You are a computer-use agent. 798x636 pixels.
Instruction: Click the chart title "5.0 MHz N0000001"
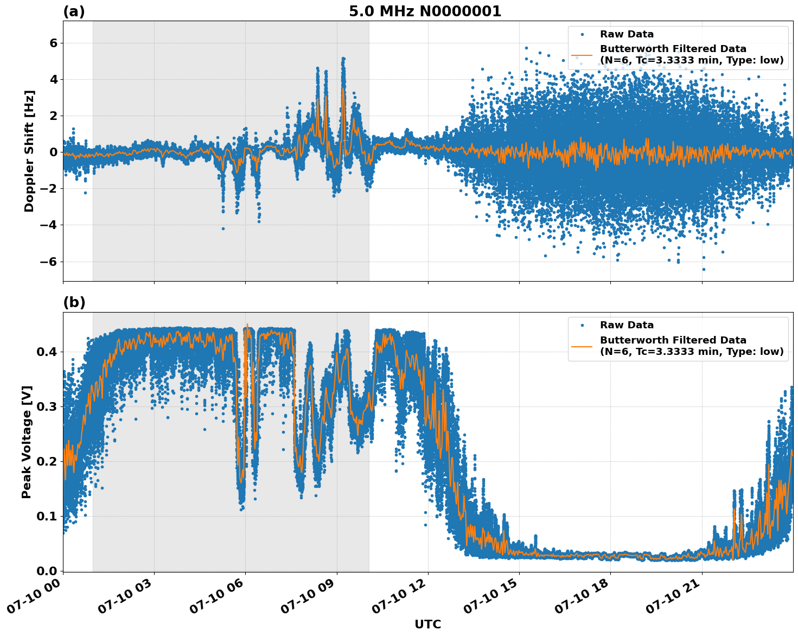425,11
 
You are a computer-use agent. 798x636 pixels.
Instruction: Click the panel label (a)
74,11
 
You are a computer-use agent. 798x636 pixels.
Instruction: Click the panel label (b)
74,303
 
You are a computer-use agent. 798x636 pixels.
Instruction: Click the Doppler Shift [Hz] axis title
29,151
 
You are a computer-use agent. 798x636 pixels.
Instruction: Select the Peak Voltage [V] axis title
27,442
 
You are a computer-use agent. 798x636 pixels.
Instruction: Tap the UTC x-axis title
427,624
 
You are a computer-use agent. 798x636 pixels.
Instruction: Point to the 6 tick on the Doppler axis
53,43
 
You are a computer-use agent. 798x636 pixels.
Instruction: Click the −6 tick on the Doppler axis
49,262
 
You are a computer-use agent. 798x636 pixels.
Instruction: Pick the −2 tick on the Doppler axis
49,189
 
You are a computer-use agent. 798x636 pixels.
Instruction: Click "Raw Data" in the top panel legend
627,35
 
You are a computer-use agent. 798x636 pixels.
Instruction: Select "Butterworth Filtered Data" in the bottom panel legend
673,340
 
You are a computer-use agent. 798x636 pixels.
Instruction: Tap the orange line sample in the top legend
583,55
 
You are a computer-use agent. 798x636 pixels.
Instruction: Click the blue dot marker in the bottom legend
583,326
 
